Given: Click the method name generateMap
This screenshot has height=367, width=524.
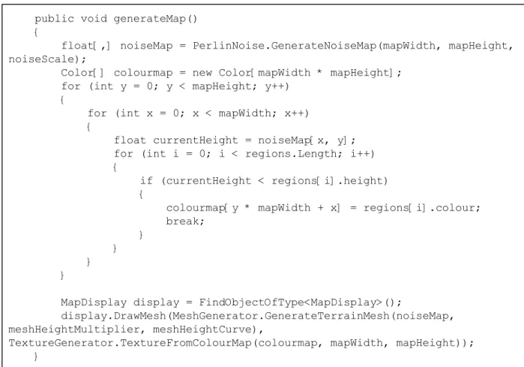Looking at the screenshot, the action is pyautogui.click(x=149, y=19).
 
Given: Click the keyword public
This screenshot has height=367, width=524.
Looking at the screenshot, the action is pyautogui.click(x=54, y=19).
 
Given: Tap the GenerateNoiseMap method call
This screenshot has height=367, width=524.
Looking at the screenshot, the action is pyautogui.click(x=324, y=46).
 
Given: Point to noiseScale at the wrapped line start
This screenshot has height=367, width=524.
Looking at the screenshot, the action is pyautogui.click(x=41, y=59).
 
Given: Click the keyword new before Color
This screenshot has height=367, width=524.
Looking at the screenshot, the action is pyautogui.click(x=202, y=73).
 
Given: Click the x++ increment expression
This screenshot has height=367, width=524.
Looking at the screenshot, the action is pyautogui.click(x=295, y=113).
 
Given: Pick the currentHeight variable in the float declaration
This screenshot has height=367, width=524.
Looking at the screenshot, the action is pyautogui.click(x=196, y=140).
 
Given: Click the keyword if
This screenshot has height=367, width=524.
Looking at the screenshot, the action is pyautogui.click(x=146, y=181).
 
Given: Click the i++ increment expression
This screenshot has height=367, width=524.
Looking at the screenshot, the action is pyautogui.click(x=361, y=154).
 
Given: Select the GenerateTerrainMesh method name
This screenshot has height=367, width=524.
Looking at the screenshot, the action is pyautogui.click(x=327, y=316).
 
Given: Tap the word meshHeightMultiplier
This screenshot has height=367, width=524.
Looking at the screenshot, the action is pyautogui.click(x=74, y=329).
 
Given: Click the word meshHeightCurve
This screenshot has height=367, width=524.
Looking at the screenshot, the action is pyautogui.click(x=202, y=329).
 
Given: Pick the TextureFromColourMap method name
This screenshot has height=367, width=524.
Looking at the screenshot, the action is pyautogui.click(x=186, y=343).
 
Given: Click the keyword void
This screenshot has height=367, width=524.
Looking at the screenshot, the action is pyautogui.click(x=94, y=19).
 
